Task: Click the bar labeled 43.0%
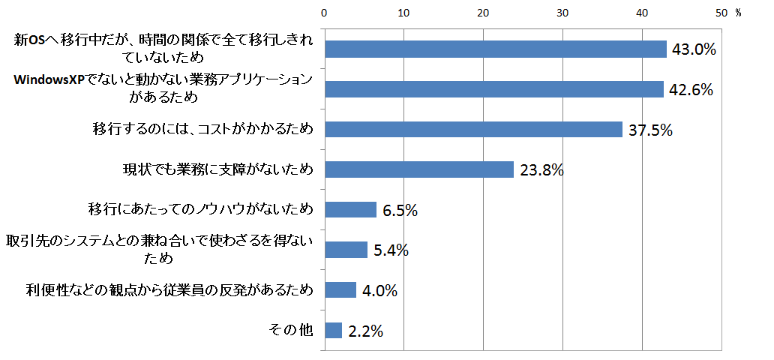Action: pyautogui.click(x=495, y=49)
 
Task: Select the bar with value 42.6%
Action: pyautogui.click(x=493, y=89)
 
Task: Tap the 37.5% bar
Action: pyautogui.click(x=473, y=129)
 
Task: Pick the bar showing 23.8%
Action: pyautogui.click(x=418, y=169)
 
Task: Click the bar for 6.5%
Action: pyautogui.click(x=350, y=209)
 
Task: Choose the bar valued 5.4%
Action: pyautogui.click(x=346, y=250)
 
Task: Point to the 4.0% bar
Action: pyautogui.click(x=340, y=289)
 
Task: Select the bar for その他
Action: pyautogui.click(x=333, y=330)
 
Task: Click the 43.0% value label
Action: pyautogui.click(x=694, y=49)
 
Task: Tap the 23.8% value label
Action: pyautogui.click(x=541, y=170)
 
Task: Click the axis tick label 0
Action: pyautogui.click(x=324, y=13)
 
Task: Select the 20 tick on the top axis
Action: pyautogui.click(x=483, y=13)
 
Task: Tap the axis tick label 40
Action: pyautogui.click(x=642, y=13)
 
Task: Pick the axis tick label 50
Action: pyautogui.click(x=721, y=13)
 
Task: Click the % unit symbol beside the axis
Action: pyautogui.click(x=738, y=13)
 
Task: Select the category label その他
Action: pyautogui.click(x=290, y=330)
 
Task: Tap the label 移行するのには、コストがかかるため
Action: pyautogui.click(x=201, y=129)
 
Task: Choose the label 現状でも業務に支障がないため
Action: pyautogui.click(x=217, y=169)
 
